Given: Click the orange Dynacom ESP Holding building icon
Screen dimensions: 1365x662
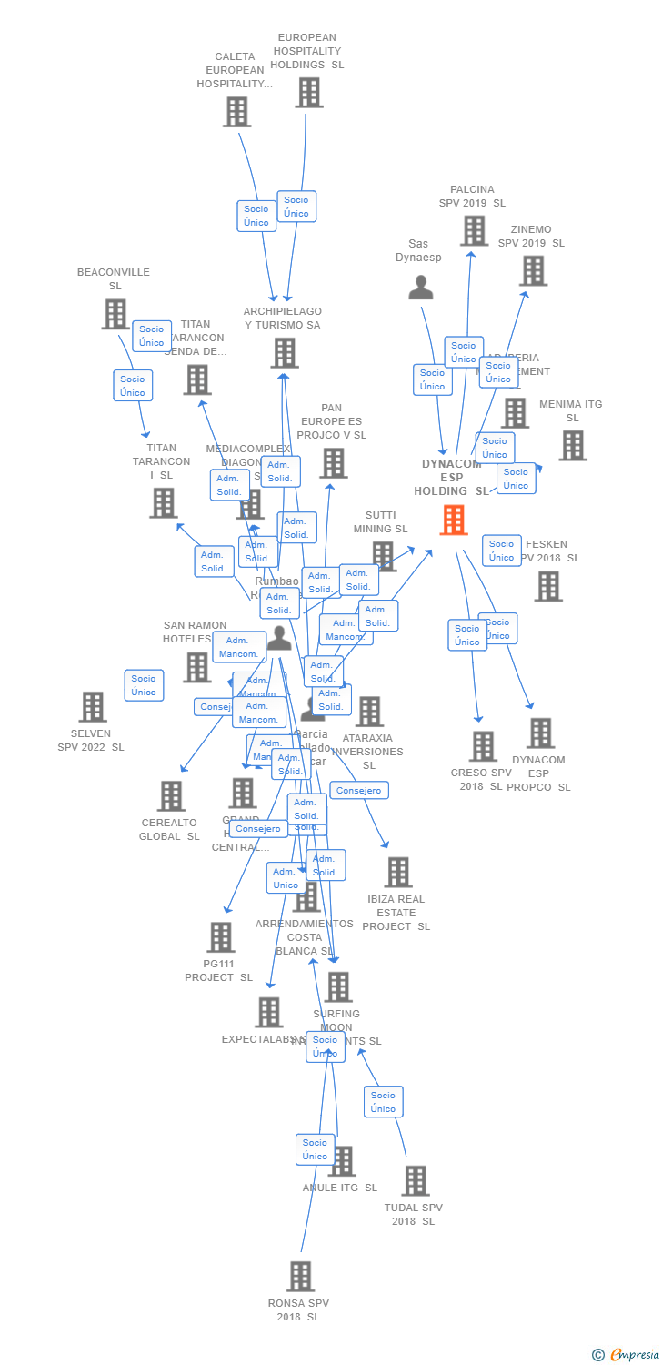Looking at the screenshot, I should click(454, 520).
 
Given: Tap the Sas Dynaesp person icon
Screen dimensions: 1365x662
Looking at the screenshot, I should click(420, 288).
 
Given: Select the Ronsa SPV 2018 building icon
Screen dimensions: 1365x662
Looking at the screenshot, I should click(300, 1276).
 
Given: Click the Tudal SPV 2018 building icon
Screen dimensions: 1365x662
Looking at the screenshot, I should click(415, 1180).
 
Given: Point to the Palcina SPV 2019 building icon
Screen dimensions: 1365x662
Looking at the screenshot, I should click(473, 230).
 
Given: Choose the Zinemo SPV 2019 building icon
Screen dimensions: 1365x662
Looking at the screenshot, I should click(533, 270).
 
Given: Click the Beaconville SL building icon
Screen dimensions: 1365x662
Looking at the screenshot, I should click(115, 314).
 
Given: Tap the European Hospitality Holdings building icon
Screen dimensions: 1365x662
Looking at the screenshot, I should click(308, 93).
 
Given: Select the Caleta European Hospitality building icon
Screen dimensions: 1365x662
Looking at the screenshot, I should click(236, 112).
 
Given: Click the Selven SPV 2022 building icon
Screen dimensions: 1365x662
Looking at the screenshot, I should click(92, 706).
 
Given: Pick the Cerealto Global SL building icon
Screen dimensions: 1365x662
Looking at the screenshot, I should click(171, 796).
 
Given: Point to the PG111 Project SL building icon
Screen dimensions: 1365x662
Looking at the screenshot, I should click(220, 936).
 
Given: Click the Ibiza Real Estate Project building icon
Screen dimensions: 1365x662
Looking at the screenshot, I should click(397, 872).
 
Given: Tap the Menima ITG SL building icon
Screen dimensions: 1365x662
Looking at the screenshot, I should click(572, 446).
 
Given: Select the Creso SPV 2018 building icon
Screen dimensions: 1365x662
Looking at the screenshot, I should click(483, 746).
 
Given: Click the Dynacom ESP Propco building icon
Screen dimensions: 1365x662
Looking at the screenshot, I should click(540, 733).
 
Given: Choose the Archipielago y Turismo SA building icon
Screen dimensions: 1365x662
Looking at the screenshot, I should click(284, 353).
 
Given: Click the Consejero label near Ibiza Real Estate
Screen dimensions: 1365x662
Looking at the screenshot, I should click(359, 791).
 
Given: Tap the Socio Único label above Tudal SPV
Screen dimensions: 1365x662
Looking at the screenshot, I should click(383, 1102).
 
